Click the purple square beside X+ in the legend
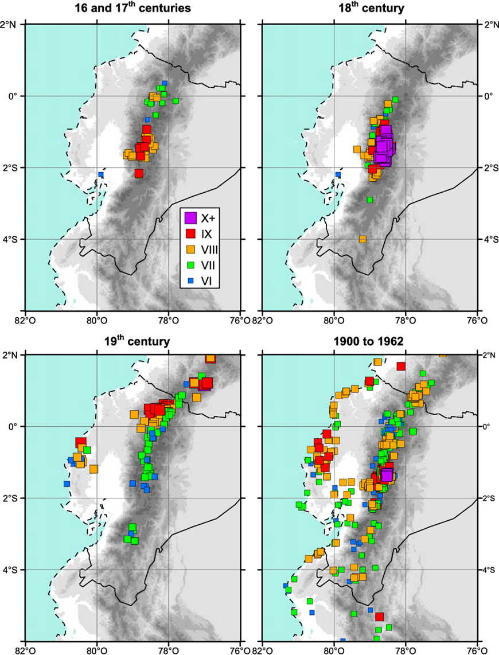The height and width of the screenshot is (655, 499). tap(190, 218)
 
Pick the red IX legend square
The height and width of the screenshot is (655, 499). tap(190, 233)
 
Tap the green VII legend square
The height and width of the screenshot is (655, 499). tap(190, 264)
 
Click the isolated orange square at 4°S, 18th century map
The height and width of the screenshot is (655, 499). tap(362, 239)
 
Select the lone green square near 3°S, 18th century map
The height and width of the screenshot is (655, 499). tap(370, 200)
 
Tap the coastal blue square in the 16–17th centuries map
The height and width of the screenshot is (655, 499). tap(101, 174)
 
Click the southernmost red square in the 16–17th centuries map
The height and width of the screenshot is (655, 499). tap(139, 173)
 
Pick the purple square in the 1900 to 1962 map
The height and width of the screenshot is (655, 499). tap(387, 475)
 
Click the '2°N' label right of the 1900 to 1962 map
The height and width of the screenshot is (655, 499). tap(488, 355)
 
